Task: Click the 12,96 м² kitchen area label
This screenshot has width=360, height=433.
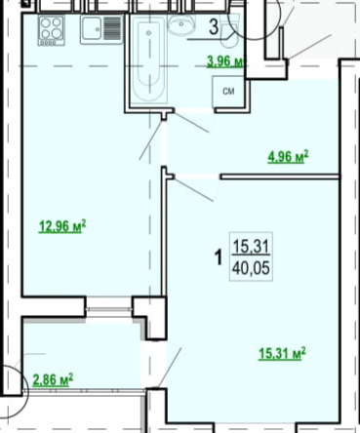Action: (62, 226)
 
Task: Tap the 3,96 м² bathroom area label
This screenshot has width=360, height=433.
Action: (225, 61)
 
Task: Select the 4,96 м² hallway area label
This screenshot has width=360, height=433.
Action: (288, 157)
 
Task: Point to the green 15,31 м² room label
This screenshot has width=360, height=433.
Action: (282, 354)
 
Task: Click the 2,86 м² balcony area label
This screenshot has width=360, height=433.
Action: (53, 379)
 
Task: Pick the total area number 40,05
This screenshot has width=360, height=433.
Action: (251, 269)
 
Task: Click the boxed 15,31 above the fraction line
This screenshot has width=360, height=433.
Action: (251, 246)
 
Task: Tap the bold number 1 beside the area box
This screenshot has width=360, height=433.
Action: (220, 257)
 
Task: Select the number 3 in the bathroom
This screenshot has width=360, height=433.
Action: (214, 27)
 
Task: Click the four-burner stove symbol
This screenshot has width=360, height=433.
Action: (52, 30)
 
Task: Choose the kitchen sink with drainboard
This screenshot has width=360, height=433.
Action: (102, 29)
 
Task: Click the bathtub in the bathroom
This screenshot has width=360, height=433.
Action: (148, 60)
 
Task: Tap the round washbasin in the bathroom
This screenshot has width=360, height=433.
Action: (180, 25)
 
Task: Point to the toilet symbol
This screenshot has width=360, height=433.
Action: (229, 32)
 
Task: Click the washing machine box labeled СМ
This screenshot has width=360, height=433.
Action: (228, 92)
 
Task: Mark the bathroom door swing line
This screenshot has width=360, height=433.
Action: (191, 123)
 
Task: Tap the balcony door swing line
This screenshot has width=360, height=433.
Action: (170, 367)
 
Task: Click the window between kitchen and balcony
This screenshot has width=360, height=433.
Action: (109, 307)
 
